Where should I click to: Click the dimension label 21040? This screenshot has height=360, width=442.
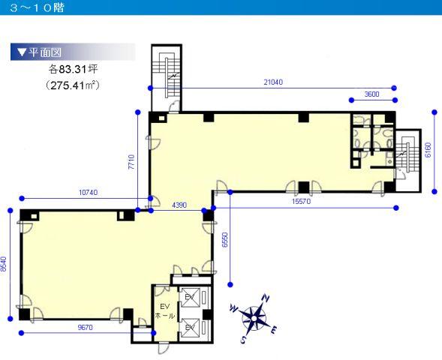(x=273, y=82)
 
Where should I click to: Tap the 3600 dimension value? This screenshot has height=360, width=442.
(x=371, y=94)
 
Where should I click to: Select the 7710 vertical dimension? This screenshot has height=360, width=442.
(x=131, y=162)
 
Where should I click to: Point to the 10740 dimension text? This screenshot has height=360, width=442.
(x=89, y=193)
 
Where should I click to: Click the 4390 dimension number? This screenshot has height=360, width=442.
(x=179, y=205)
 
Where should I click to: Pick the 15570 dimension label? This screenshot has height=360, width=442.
(x=301, y=202)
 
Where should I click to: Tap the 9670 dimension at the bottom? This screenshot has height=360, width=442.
(x=85, y=328)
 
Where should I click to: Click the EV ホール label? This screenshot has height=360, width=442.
(x=165, y=311)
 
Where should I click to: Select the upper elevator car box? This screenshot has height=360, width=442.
(x=191, y=298)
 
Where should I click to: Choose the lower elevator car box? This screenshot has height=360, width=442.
(x=191, y=328)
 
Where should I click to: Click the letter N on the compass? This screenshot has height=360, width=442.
(x=266, y=298)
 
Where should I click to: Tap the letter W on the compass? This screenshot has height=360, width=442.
(x=233, y=308)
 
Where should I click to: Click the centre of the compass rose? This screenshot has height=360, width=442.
(x=254, y=319)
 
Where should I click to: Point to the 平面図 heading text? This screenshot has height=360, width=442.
(x=45, y=52)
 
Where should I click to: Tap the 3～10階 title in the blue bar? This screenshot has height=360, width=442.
(x=36, y=7)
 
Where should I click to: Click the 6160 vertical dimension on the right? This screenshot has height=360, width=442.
(x=428, y=151)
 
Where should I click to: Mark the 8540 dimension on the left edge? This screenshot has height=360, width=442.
(x=4, y=264)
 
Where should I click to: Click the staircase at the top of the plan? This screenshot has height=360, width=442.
(x=167, y=78)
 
